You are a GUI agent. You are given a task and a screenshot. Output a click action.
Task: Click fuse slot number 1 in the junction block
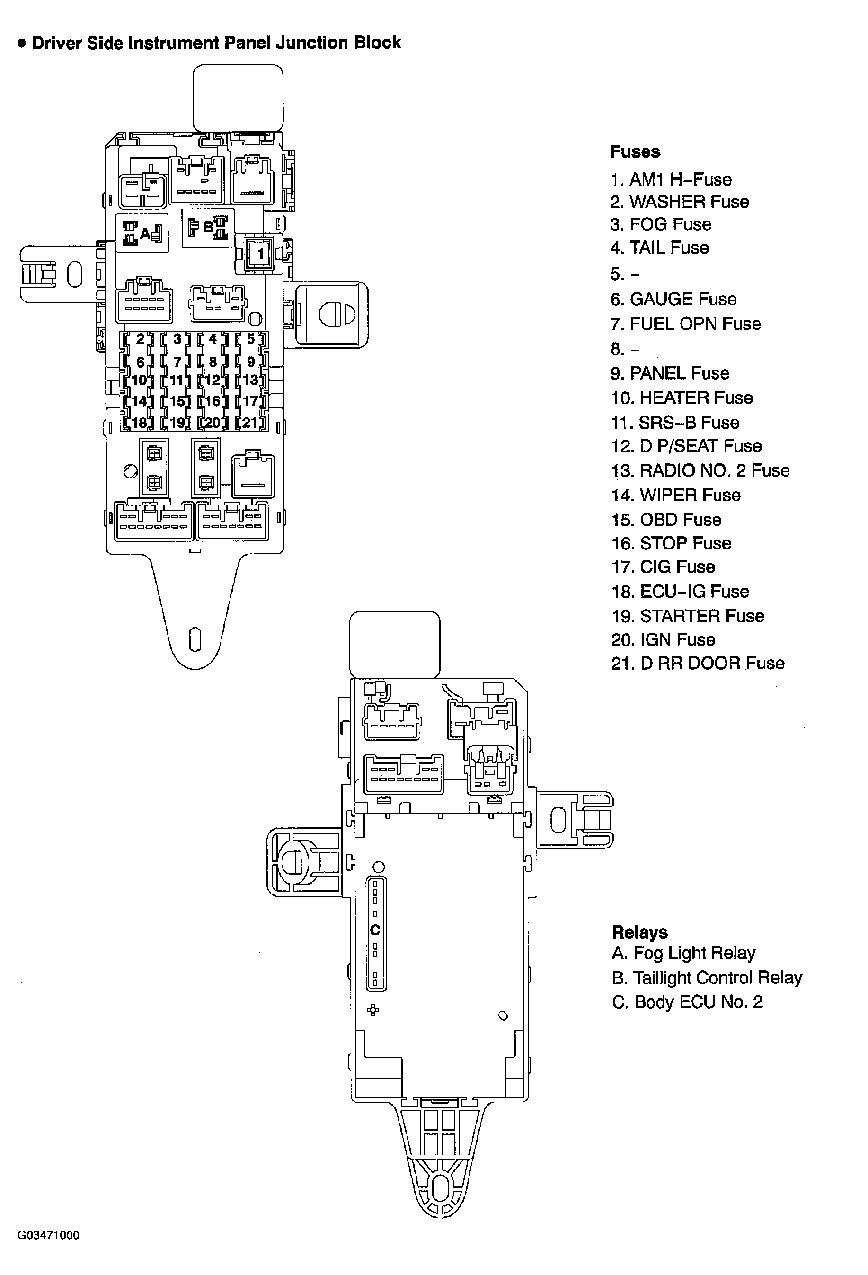(x=261, y=254)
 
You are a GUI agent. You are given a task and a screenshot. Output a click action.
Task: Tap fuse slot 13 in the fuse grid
(x=250, y=380)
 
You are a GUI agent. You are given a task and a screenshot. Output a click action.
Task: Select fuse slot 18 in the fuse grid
(x=139, y=423)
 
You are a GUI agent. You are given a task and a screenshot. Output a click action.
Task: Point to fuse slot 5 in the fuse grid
(x=251, y=339)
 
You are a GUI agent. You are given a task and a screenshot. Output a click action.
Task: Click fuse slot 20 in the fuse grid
(x=213, y=423)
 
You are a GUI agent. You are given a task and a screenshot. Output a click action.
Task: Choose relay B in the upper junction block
(x=208, y=227)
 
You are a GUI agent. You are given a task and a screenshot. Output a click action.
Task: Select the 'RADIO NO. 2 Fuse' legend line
(x=700, y=470)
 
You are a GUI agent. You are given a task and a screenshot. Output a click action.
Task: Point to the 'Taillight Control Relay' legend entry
(x=707, y=977)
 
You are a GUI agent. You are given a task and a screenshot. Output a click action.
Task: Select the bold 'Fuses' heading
(x=635, y=151)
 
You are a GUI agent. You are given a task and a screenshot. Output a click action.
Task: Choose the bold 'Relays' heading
(x=639, y=932)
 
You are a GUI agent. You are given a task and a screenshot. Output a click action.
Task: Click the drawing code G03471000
(x=48, y=1235)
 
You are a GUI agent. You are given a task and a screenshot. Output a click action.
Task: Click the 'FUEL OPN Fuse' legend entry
(x=685, y=324)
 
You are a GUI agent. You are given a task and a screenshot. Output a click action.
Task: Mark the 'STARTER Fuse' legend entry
(x=688, y=616)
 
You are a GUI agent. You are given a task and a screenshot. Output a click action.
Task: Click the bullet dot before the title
(x=22, y=44)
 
